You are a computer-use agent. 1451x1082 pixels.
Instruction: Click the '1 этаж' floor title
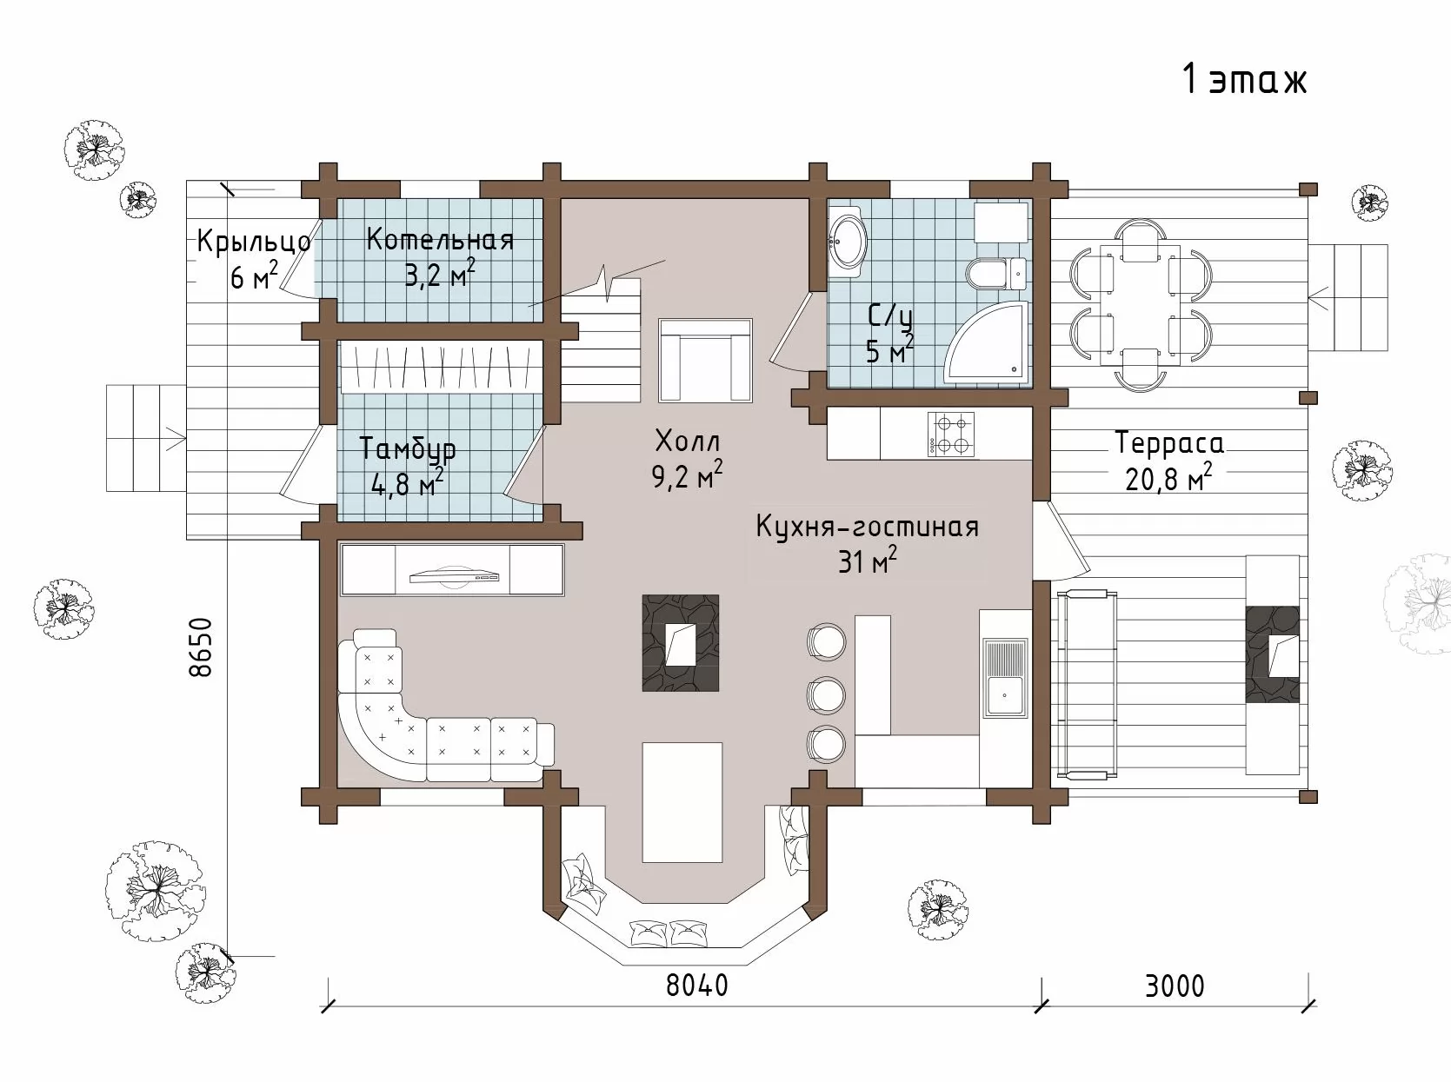[x=1245, y=81]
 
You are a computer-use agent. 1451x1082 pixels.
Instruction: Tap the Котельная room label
[x=440, y=239]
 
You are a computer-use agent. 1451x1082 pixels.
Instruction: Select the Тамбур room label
[x=408, y=449]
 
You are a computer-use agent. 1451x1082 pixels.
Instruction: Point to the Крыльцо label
[x=254, y=242]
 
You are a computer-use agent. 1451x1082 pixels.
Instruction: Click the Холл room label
[x=687, y=441]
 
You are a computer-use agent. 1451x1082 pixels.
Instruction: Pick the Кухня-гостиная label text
[x=868, y=528]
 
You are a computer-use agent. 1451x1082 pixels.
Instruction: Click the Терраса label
[x=1169, y=443]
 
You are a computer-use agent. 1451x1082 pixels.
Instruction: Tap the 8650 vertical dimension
[x=201, y=647]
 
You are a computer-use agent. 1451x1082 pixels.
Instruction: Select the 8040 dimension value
[x=696, y=986]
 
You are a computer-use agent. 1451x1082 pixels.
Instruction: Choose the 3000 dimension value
[x=1175, y=987]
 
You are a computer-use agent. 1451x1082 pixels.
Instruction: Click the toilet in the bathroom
[x=996, y=273]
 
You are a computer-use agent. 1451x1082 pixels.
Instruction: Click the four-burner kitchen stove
[x=950, y=434]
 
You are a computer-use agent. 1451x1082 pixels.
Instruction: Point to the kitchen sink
[x=1004, y=677]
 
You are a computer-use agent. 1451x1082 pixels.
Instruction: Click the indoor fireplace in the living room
[x=680, y=643]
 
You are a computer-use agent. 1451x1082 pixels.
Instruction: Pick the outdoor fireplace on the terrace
[x=1273, y=654]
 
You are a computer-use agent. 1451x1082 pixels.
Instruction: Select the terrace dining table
[x=1141, y=304]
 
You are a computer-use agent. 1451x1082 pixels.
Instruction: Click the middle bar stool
[x=826, y=694]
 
